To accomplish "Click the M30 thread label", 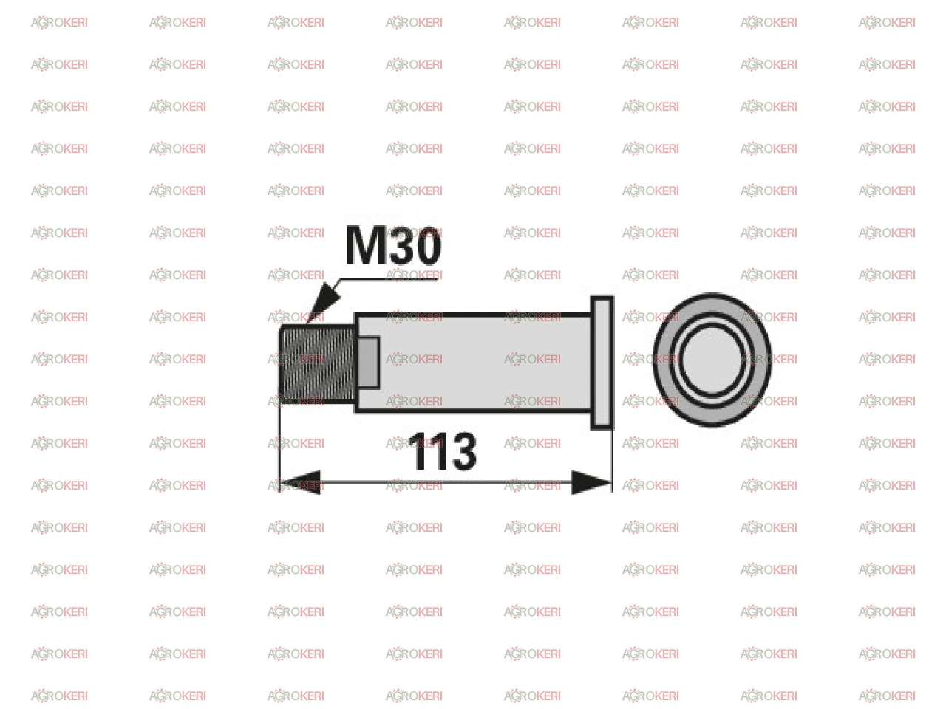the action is click(x=392, y=245).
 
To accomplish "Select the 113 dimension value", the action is click(x=443, y=451).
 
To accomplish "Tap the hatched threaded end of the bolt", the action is click(x=318, y=363).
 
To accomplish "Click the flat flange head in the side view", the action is click(x=602, y=363).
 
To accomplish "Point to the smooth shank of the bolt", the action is click(x=473, y=363).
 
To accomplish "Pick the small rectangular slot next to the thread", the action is click(x=369, y=363).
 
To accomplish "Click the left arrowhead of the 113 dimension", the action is click(x=301, y=482).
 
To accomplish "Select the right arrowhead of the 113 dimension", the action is click(x=591, y=482).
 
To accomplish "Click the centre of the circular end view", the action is click(x=712, y=360).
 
